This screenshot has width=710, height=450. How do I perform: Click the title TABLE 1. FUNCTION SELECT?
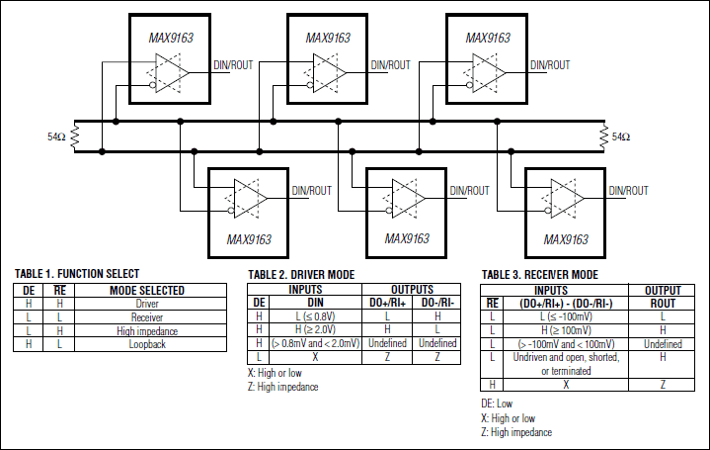(77, 273)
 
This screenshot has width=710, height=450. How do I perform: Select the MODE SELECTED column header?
(147, 291)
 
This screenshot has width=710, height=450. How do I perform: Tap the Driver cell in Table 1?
(147, 304)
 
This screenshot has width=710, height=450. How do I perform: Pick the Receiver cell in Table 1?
(147, 316)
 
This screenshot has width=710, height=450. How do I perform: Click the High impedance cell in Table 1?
(147, 329)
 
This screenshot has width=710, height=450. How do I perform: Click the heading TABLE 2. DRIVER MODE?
(301, 274)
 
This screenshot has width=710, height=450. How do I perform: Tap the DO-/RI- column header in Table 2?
(435, 302)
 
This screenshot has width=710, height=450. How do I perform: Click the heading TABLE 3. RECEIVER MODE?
(539, 274)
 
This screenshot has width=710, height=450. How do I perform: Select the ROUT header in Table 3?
(663, 304)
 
